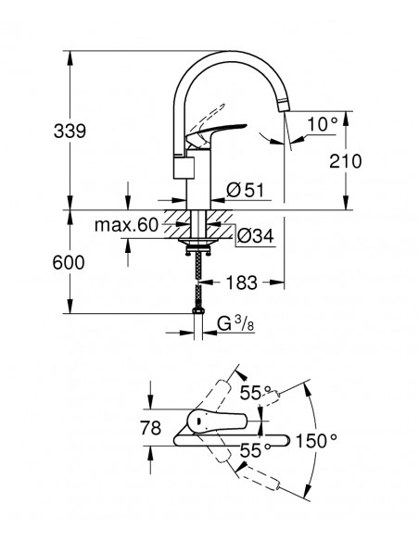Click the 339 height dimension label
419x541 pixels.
pos(70,132)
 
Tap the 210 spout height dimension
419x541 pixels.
pos(346,161)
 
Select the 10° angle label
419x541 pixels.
pos(322,124)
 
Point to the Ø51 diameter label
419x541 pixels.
pos(245,190)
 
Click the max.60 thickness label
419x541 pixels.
pos(126,225)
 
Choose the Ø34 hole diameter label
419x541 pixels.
pos(256,236)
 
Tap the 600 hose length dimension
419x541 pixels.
pos(69,262)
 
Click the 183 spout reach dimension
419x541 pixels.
pos(242,283)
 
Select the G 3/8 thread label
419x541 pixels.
pos(236,324)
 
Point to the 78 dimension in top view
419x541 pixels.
pos(151,428)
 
